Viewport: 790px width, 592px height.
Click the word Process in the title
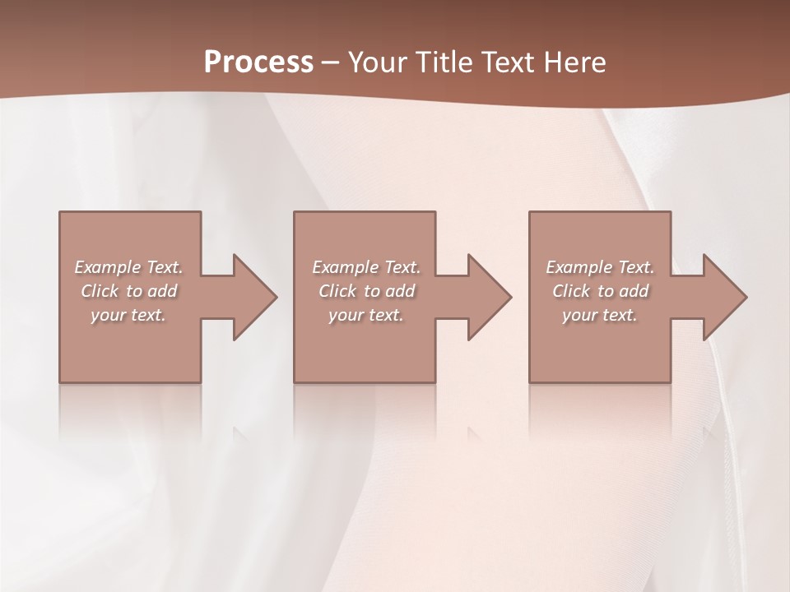point(258,62)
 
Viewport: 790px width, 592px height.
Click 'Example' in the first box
point(108,267)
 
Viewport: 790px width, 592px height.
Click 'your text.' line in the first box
point(128,315)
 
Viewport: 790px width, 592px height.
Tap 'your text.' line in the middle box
point(365,315)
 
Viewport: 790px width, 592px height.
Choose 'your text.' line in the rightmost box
point(600,315)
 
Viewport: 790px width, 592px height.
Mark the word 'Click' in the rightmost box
point(572,291)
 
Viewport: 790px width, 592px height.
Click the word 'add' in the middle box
point(400,291)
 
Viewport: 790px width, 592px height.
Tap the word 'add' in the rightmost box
point(634,291)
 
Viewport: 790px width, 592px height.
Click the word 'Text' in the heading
point(504,62)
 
